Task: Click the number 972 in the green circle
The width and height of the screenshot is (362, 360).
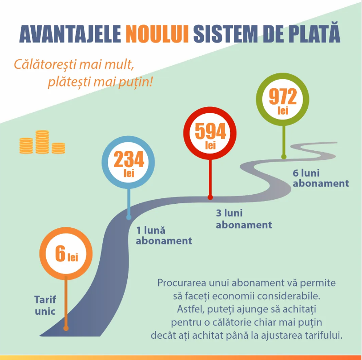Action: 283,96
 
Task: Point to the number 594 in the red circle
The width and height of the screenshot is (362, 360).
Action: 210,131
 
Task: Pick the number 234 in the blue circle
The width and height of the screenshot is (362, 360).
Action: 129,159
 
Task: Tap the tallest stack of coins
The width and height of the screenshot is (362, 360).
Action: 42,142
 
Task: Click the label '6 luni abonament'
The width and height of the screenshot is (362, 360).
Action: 321,178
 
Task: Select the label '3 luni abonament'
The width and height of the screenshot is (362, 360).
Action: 244,219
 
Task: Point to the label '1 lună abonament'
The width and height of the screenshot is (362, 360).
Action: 164,235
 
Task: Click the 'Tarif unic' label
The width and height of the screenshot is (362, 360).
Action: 45,305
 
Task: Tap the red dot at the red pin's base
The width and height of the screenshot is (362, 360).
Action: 210,197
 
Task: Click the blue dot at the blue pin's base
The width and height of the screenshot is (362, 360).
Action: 129,217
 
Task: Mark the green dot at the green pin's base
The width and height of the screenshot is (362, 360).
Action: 284,157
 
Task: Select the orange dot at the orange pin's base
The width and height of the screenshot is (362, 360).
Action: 66,328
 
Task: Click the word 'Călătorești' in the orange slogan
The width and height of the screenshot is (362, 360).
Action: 45,65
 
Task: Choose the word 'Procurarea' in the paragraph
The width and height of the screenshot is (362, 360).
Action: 182,283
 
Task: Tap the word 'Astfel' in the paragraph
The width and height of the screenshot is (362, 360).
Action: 191,309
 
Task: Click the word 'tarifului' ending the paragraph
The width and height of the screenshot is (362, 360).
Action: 323,335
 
